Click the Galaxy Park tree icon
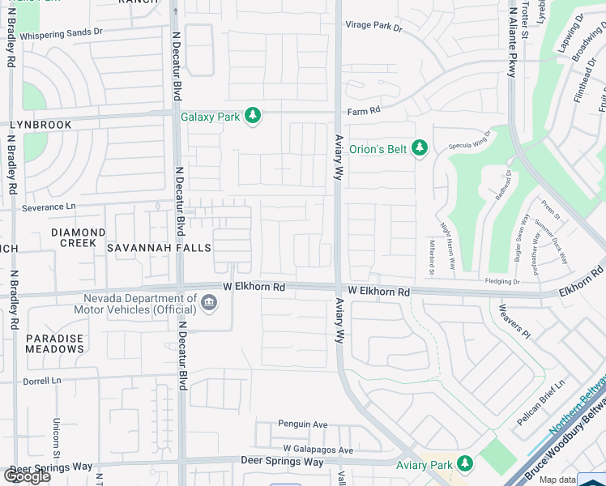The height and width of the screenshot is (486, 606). (x=253, y=116)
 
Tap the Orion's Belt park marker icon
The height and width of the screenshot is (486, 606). (x=419, y=147)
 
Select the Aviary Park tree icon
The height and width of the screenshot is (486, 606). (x=464, y=464)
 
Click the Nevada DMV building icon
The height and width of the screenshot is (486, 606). (x=209, y=303)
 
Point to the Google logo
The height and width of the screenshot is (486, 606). (x=27, y=475)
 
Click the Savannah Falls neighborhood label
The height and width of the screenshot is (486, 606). (x=156, y=248)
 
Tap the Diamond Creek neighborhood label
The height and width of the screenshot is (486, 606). (x=79, y=237)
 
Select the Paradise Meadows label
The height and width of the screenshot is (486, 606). (x=54, y=343)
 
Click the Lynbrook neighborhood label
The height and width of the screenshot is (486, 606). (x=41, y=125)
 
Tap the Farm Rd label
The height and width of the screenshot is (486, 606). (x=364, y=111)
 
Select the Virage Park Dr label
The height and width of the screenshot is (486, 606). (x=374, y=27)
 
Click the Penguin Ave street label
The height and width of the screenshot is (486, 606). (x=302, y=424)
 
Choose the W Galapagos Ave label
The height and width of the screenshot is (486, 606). (x=318, y=450)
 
